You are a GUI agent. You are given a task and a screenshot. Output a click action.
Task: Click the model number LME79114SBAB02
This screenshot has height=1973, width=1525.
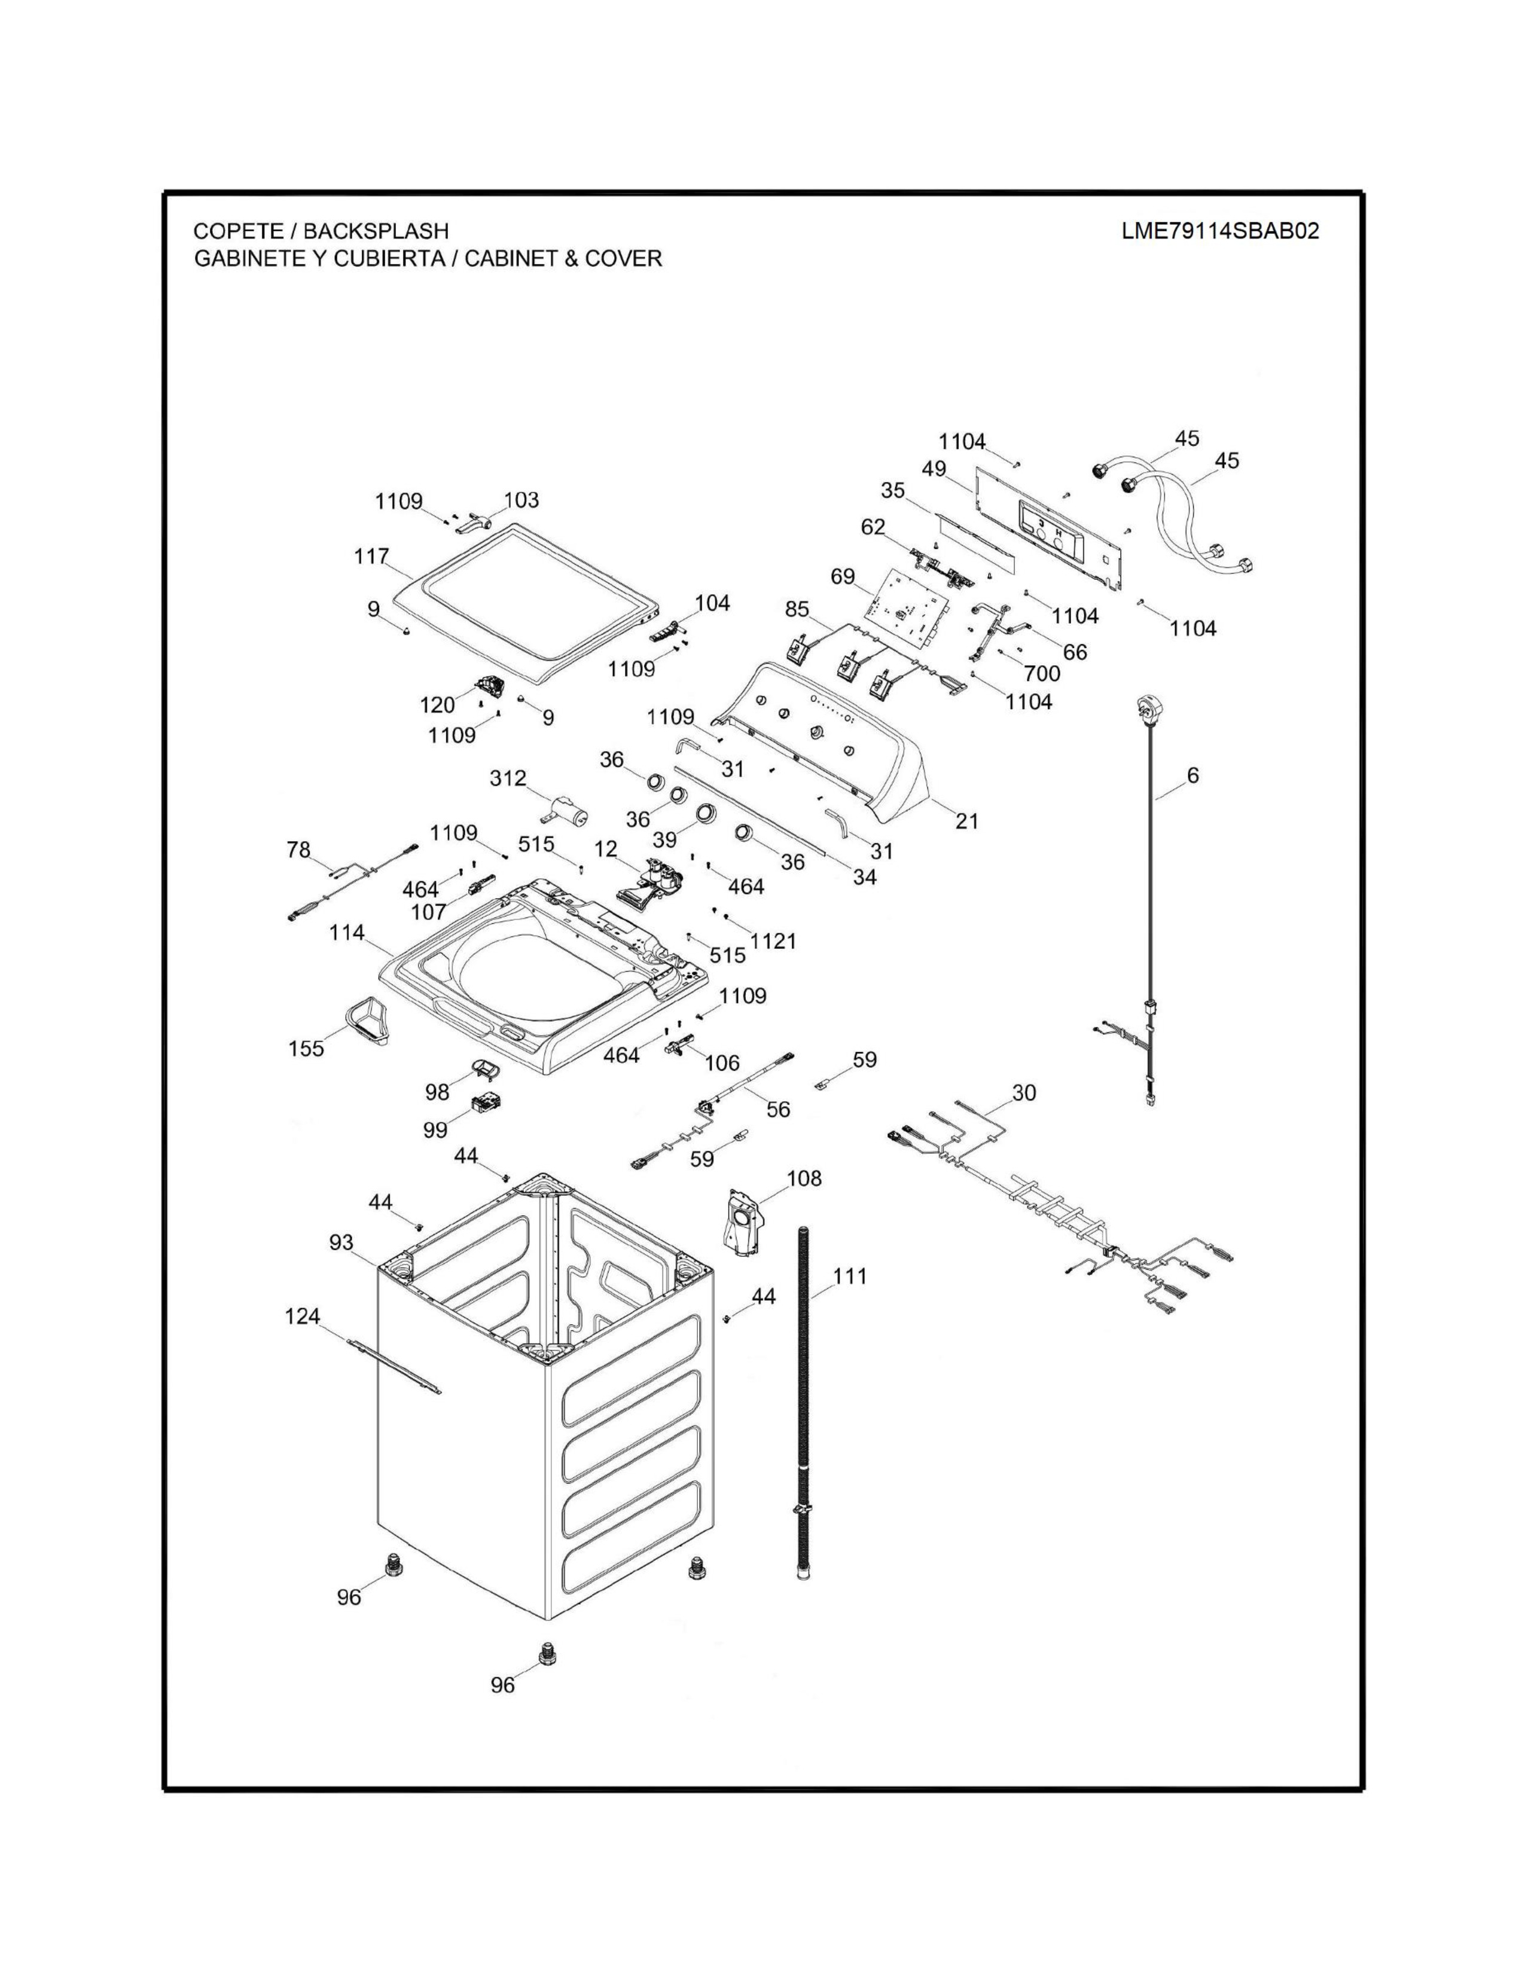click(1219, 231)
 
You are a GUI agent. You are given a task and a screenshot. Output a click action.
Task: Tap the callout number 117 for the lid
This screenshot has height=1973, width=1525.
click(371, 557)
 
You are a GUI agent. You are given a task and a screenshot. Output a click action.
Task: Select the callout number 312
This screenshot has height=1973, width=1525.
click(508, 778)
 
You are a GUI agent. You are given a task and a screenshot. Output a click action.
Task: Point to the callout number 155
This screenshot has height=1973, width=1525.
click(306, 1049)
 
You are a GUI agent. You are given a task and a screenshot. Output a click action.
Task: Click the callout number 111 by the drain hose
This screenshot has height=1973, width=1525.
click(849, 1276)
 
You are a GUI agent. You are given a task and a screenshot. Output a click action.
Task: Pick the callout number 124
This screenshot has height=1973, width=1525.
click(303, 1317)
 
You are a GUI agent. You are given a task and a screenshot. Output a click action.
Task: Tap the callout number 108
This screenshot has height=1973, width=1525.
click(804, 1178)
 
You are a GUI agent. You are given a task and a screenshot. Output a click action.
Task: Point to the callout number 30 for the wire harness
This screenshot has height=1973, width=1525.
click(1024, 1092)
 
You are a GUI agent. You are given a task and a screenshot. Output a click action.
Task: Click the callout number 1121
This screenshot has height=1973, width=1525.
click(773, 940)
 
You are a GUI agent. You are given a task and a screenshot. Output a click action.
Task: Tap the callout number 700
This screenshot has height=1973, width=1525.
click(1042, 674)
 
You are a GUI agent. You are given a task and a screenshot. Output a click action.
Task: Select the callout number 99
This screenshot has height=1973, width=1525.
click(435, 1130)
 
